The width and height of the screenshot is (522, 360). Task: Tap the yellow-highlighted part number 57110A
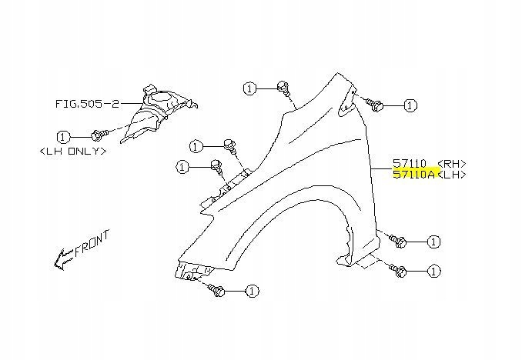pos(413,175)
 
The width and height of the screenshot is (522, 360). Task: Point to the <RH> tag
pos(451,164)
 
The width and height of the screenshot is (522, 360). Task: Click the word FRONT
pos(92,244)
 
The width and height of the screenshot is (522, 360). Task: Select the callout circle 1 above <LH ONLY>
pos(63,137)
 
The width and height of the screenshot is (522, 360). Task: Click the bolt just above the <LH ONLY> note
pos(97,135)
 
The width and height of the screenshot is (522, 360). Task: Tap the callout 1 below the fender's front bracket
pos(251,291)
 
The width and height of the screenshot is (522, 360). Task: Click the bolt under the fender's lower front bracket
pos(216,290)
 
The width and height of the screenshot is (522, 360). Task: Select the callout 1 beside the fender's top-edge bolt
pos(249,88)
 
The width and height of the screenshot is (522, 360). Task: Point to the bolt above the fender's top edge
pos(283,86)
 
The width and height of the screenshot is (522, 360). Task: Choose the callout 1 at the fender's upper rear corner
pos(410,105)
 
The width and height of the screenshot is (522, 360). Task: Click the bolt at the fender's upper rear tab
pos(376,104)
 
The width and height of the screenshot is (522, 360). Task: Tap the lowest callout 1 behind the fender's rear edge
pos(435,271)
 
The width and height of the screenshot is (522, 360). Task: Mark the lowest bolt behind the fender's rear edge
pos(400,270)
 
